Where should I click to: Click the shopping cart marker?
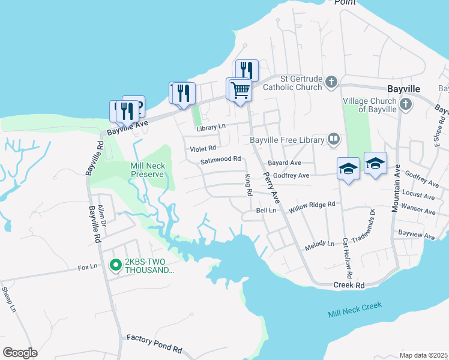point(240,90)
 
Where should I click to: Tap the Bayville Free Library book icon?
point(334,140)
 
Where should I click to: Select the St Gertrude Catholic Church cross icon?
point(331,82)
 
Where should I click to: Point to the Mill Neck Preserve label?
point(147,169)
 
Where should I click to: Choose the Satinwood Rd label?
point(220,160)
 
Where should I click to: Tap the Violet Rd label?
point(203,148)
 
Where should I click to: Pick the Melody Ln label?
point(319,244)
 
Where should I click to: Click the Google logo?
point(20,353)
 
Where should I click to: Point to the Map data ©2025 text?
point(423,355)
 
